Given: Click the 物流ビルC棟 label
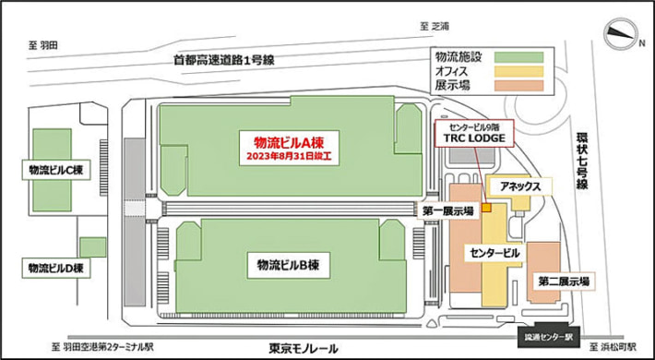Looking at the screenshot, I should pyautogui.click(x=57, y=170).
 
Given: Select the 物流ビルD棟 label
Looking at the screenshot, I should pyautogui.click(x=57, y=268).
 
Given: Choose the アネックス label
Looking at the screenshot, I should pyautogui.click(x=519, y=186).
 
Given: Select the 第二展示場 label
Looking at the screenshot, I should pyautogui.click(x=565, y=280).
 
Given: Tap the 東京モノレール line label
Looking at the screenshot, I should pyautogui.click(x=304, y=349).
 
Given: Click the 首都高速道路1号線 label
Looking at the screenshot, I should pyautogui.click(x=224, y=60).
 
